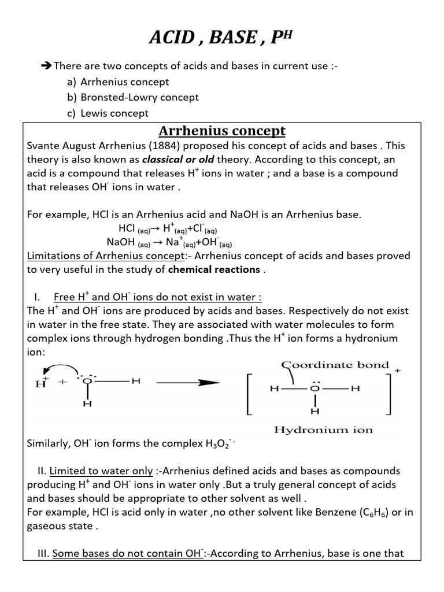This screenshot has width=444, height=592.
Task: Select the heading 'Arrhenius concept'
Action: coord(222,131)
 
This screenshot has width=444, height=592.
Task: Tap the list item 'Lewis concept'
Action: coord(114,113)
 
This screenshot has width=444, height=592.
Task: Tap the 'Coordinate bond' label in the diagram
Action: coord(335,365)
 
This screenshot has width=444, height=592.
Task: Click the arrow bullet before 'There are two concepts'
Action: coord(47,66)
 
